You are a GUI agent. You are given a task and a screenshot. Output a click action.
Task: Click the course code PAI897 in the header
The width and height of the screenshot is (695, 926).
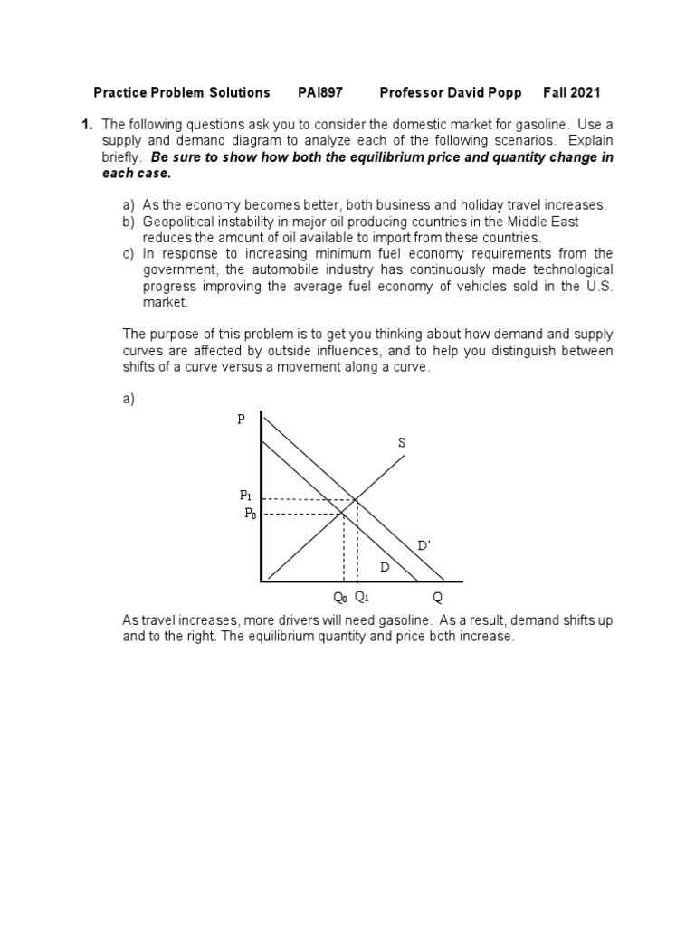[320, 92]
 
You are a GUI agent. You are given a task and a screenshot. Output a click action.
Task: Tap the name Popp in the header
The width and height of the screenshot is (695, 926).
[505, 92]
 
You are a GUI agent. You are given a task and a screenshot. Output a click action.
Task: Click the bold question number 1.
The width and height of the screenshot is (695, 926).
[87, 124]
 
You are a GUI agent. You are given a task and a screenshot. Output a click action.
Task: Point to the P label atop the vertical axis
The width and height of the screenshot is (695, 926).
[242, 420]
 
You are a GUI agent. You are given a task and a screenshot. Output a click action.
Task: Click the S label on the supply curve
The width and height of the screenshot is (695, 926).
[401, 442]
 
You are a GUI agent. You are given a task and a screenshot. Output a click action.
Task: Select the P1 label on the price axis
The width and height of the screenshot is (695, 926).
[245, 495]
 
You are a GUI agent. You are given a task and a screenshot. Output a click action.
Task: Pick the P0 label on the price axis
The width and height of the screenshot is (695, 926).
[251, 513]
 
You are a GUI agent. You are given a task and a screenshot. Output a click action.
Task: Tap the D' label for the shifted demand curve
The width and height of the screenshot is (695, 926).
[424, 545]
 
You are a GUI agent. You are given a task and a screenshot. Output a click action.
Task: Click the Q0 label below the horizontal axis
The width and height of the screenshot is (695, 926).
[340, 597]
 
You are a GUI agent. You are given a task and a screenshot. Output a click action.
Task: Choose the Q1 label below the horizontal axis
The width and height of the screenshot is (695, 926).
[361, 597]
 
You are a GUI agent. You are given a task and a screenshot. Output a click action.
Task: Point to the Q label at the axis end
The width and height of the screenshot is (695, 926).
[437, 598]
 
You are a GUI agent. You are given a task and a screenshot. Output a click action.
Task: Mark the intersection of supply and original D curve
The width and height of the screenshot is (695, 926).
[343, 514]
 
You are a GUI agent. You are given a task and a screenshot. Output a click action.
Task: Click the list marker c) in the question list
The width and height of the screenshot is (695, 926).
[128, 254]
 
